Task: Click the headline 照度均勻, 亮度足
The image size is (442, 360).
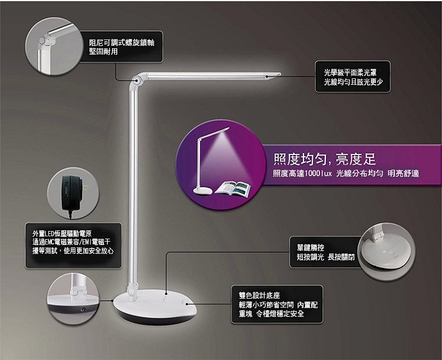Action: (x=325, y=159)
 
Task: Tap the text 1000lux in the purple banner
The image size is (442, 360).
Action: (x=318, y=173)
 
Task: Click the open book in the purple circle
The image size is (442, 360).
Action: (x=233, y=189)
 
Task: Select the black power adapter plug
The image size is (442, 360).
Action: (x=72, y=194)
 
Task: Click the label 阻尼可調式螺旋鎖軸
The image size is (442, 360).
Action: (x=122, y=42)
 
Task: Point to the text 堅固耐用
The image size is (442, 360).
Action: (x=104, y=52)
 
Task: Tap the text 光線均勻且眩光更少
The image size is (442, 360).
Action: (x=353, y=82)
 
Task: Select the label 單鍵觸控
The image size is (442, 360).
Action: (x=311, y=247)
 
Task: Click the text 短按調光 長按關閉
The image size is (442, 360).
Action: (x=325, y=257)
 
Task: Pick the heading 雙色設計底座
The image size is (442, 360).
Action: (x=259, y=295)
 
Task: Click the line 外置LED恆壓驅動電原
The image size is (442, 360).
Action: (x=62, y=233)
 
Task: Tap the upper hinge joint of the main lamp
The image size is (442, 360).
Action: (x=137, y=81)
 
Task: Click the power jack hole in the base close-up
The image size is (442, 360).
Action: (x=83, y=309)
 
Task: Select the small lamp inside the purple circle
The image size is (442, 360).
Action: (x=211, y=161)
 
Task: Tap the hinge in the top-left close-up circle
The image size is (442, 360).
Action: (x=45, y=40)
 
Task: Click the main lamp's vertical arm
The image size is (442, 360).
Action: (x=133, y=186)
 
